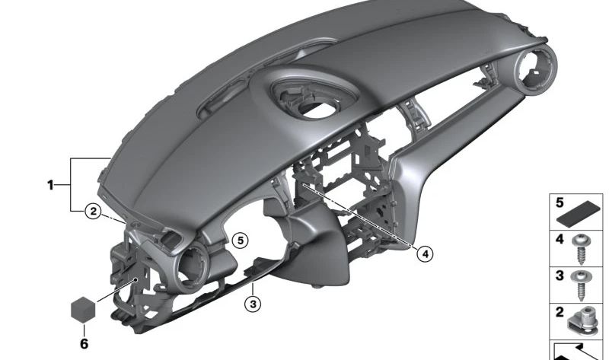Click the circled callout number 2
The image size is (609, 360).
click(93, 212)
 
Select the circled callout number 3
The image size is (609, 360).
click(253, 304)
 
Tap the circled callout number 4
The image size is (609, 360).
click(426, 254)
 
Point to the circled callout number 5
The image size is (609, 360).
click(241, 241)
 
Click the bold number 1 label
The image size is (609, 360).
click(50, 185)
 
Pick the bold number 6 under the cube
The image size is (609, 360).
click(84, 344)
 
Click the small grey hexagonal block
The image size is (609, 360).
click(83, 310)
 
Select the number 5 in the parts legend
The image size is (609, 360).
click(560, 202)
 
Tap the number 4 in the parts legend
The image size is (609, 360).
click(560, 239)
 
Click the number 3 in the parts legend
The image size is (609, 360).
click(560, 276)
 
